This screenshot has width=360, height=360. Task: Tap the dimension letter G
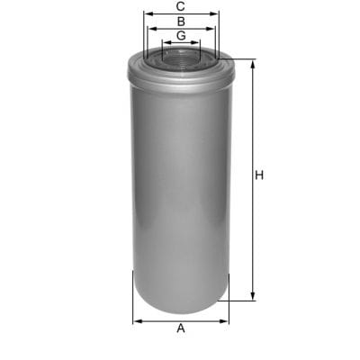pos(181,35)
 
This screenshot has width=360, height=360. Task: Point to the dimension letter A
pos(181,328)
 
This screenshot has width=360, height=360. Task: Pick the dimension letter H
pos(259,175)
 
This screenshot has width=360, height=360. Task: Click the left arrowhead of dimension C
pos(146,14)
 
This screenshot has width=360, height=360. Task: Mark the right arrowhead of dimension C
pos(216,14)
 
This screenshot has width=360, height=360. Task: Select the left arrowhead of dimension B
pos(151,29)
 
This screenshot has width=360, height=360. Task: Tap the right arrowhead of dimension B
pos(211,29)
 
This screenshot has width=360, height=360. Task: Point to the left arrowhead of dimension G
pos(164,43)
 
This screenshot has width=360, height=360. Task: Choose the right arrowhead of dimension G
pos(198,43)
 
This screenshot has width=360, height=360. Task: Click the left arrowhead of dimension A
pos(135,319)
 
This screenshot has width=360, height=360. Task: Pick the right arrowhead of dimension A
pos(227,319)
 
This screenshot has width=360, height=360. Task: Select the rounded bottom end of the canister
pos(181,301)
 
